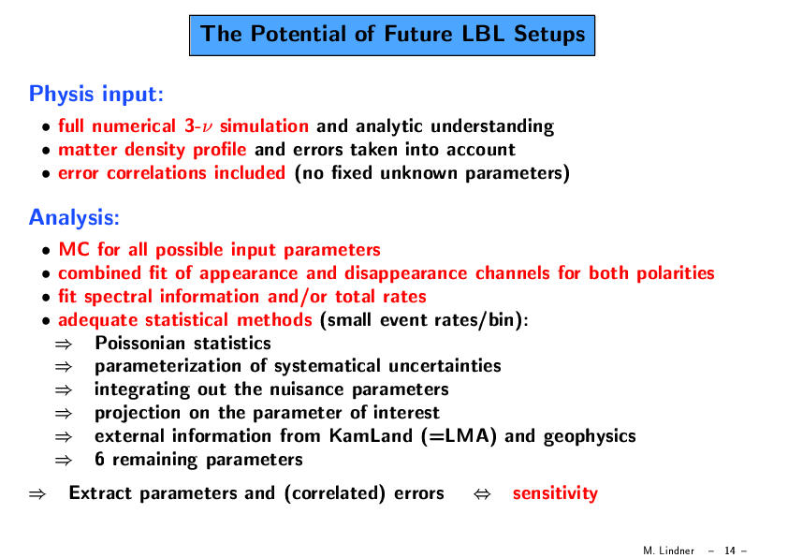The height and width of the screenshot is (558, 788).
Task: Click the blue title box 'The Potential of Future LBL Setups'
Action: click(x=392, y=36)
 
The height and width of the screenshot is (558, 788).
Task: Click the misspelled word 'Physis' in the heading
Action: click(x=62, y=95)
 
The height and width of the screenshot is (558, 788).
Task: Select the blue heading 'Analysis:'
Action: click(x=74, y=217)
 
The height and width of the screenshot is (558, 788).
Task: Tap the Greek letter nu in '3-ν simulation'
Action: click(x=206, y=127)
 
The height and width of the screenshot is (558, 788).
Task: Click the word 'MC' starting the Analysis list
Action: click(x=74, y=249)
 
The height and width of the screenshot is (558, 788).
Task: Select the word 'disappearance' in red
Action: click(x=406, y=273)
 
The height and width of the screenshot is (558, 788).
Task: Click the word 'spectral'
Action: click(x=118, y=297)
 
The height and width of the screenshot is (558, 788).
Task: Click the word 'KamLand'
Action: click(x=371, y=435)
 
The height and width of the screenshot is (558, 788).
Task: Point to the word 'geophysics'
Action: click(x=590, y=436)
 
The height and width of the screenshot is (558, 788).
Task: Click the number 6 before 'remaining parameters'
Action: click(x=99, y=459)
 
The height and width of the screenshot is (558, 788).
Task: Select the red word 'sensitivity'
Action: click(x=555, y=493)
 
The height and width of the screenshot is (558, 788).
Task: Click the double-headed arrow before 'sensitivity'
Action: click(x=482, y=493)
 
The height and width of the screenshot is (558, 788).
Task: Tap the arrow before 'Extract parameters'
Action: click(x=37, y=493)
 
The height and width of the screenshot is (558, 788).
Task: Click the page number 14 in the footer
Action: click(x=730, y=551)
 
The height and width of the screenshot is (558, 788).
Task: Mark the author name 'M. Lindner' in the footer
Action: click(x=668, y=551)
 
